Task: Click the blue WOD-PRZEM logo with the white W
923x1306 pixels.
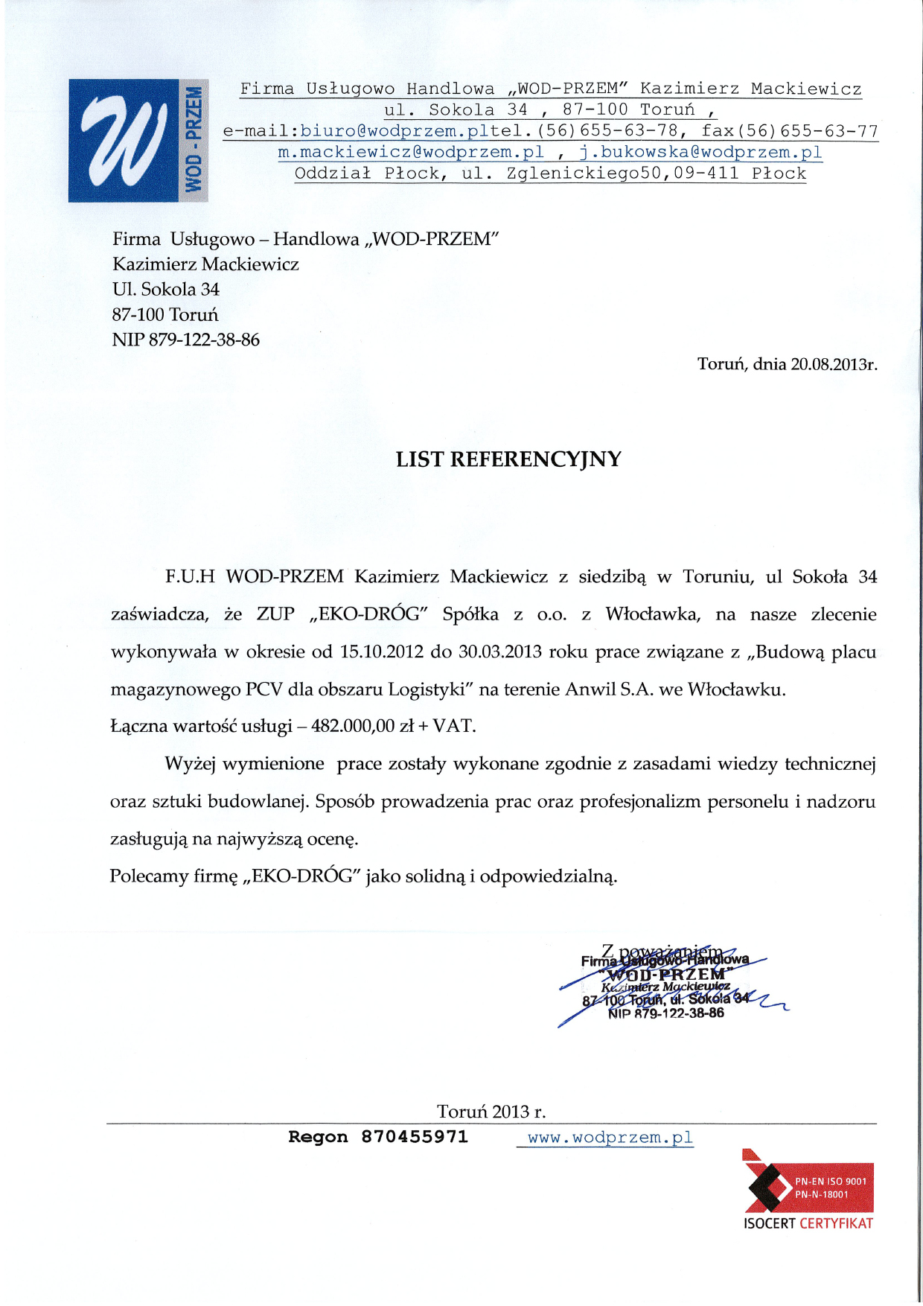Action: [x=138, y=140]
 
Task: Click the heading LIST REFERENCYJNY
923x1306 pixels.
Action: [x=508, y=459]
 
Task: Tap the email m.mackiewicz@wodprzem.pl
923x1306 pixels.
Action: [x=411, y=153]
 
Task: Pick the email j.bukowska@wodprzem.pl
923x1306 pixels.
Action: [x=700, y=153]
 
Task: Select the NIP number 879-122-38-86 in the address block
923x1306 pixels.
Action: [x=204, y=340]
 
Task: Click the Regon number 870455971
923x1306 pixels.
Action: [x=415, y=1137]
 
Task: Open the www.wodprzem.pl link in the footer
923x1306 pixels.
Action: [x=610, y=1138]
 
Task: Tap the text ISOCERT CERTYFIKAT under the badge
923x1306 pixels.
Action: [x=808, y=1223]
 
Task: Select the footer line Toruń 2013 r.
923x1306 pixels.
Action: [x=491, y=1112]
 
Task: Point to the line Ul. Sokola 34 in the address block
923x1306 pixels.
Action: [x=166, y=290]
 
